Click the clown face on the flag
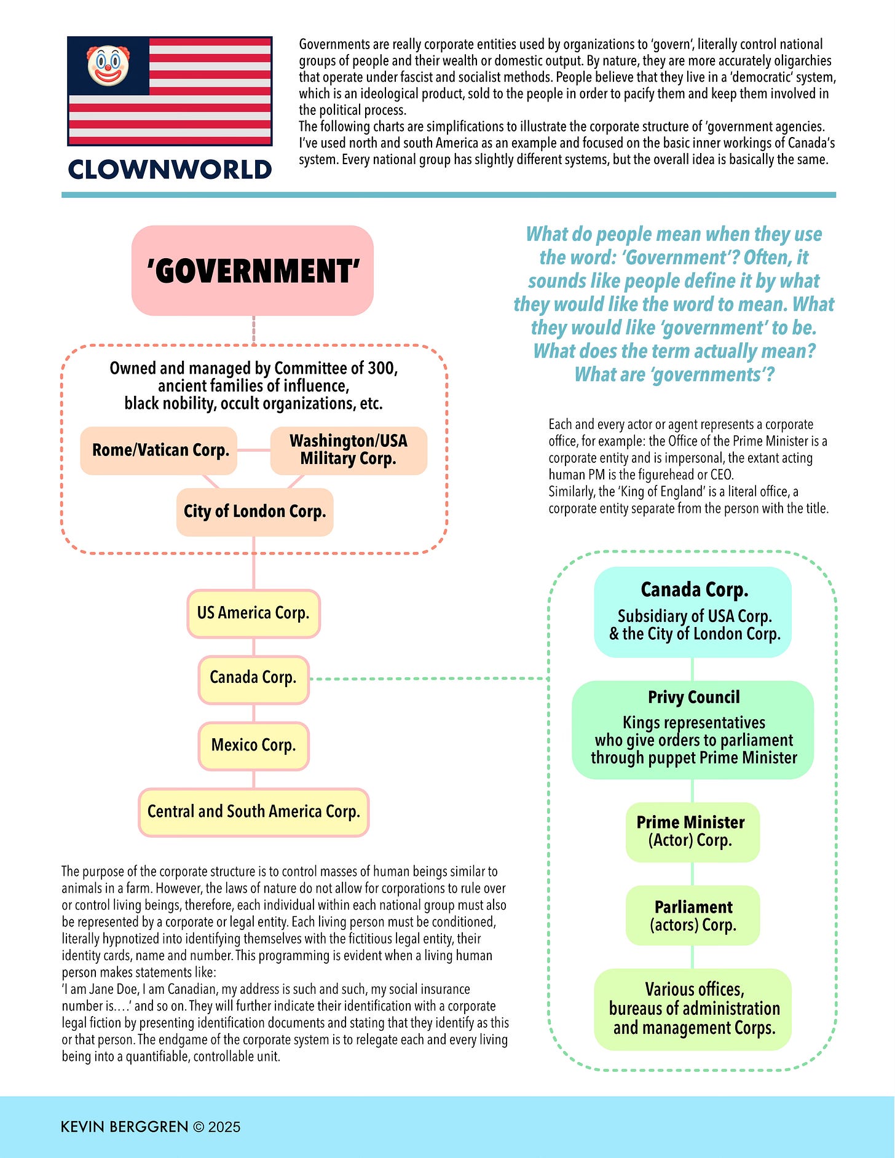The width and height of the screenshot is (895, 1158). pyautogui.click(x=108, y=65)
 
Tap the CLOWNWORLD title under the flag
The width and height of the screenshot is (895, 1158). pyautogui.click(x=170, y=170)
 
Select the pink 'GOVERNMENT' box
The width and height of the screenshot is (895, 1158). pyautogui.click(x=253, y=270)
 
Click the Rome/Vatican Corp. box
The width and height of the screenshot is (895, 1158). pyautogui.click(x=159, y=451)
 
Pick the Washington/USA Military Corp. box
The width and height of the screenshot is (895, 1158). pyautogui.click(x=349, y=451)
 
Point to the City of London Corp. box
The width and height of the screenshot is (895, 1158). pyautogui.click(x=254, y=512)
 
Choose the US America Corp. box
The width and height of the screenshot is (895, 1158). pyautogui.click(x=253, y=613)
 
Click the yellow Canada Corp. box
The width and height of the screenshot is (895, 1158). pyautogui.click(x=253, y=678)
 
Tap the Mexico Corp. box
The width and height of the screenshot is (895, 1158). pyautogui.click(x=253, y=746)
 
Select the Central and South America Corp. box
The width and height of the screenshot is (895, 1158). pyautogui.click(x=253, y=812)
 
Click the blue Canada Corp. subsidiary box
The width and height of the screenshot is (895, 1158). pyautogui.click(x=693, y=612)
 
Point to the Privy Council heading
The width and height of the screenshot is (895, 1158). pyautogui.click(x=694, y=698)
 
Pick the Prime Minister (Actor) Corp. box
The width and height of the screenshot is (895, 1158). pyautogui.click(x=693, y=832)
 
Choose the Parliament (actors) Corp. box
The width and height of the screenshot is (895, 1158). pyautogui.click(x=693, y=916)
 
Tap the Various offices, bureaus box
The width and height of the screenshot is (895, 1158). pyautogui.click(x=693, y=1009)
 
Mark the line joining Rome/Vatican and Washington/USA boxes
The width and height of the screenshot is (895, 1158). pyautogui.click(x=253, y=450)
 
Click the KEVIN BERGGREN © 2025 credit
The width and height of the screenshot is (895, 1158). pyautogui.click(x=151, y=1127)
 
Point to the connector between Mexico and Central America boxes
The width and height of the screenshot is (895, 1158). pyautogui.click(x=254, y=779)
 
